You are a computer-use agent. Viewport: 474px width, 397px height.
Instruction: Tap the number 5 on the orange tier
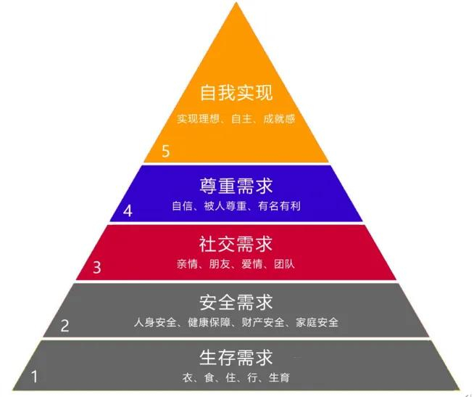click(166, 151)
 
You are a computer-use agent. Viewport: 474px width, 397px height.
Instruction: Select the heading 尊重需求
click(236, 186)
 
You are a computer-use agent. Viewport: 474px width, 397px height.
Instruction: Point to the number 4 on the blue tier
click(128, 211)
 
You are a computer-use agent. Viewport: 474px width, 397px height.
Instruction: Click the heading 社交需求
click(236, 242)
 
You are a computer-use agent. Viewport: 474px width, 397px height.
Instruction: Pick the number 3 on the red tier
click(97, 267)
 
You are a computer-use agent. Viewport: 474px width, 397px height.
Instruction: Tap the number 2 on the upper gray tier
click(65, 326)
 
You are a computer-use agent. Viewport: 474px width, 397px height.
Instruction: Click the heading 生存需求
click(236, 358)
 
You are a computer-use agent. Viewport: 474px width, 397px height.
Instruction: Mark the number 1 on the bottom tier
click(33, 377)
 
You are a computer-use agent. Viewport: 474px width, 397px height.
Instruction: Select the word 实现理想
click(197, 118)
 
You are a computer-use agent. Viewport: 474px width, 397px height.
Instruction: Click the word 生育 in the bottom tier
click(280, 378)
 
